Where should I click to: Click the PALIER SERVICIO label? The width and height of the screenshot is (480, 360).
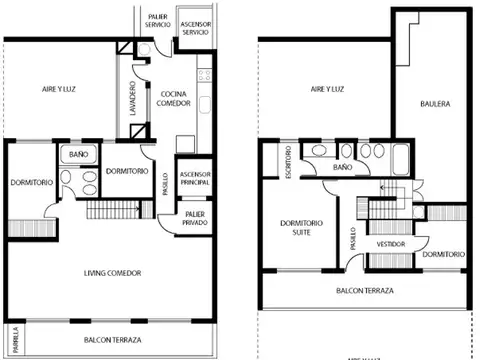coord(158,21)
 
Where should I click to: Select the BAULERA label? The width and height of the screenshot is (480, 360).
coord(434,103)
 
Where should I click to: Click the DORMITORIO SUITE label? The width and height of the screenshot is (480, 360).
coord(303,228)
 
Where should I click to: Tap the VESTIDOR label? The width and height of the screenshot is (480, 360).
coord(390,243)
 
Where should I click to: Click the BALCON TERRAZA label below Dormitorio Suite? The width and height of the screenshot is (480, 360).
coord(364,290)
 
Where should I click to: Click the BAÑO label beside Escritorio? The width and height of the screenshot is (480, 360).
coord(341,168)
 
